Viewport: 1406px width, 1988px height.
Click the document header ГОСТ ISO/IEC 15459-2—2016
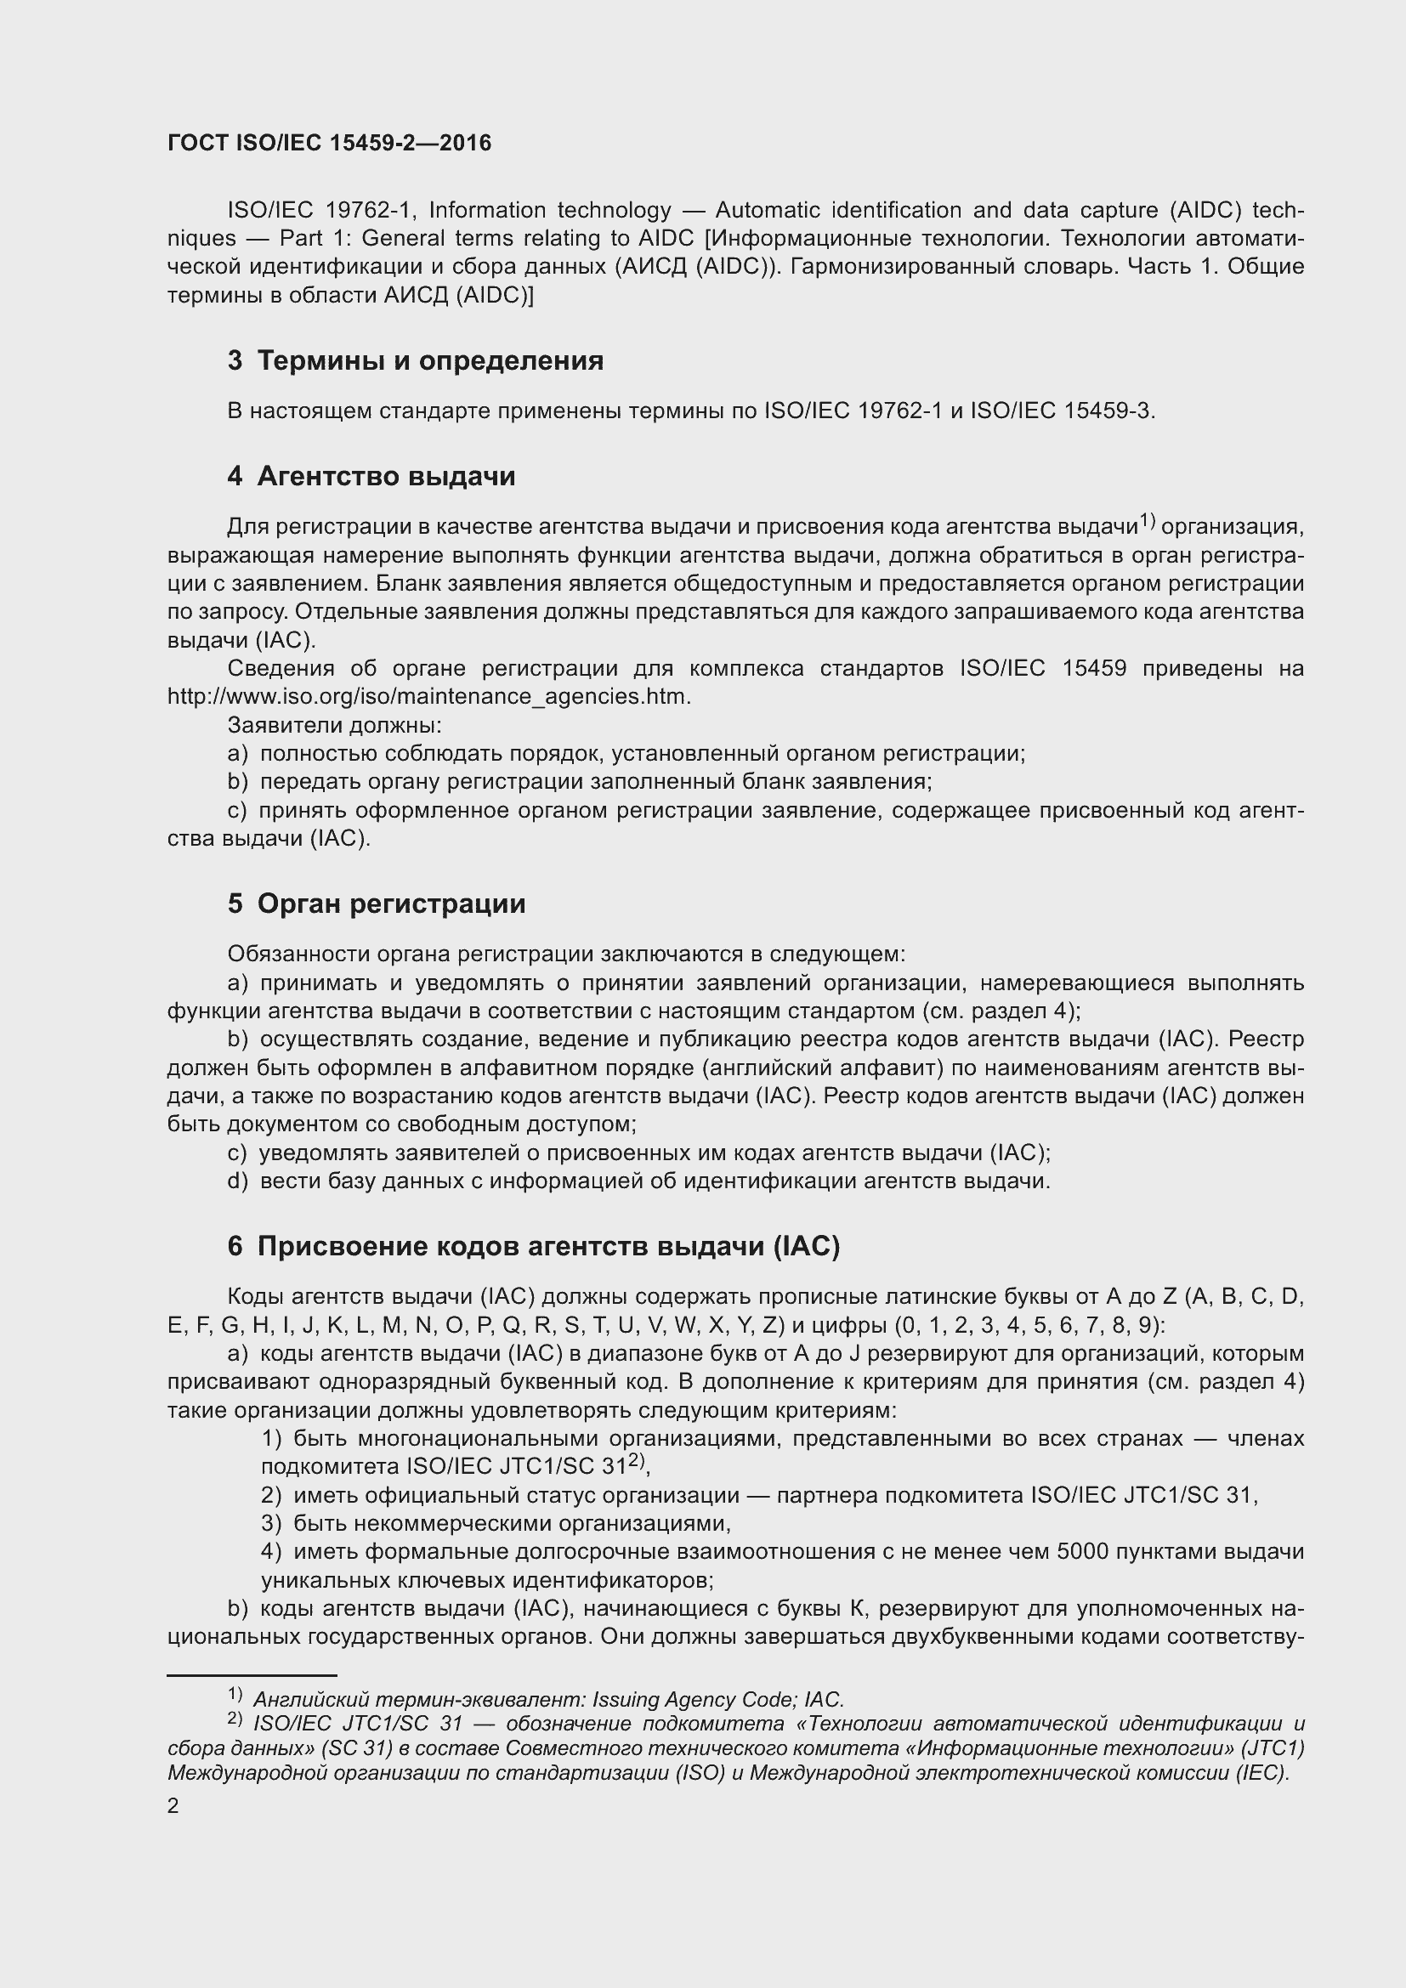pyautogui.click(x=329, y=144)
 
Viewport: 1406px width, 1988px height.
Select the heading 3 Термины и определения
pyautogui.click(x=416, y=360)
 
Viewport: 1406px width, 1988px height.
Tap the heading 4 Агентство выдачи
pyautogui.click(x=371, y=476)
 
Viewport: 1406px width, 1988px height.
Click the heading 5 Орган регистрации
pyautogui.click(x=377, y=904)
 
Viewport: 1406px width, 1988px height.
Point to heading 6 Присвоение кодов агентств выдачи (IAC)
pyautogui.click(x=533, y=1246)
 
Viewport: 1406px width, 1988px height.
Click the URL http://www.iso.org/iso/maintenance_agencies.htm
pyautogui.click(x=428, y=697)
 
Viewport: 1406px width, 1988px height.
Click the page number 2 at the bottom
pyautogui.click(x=173, y=1806)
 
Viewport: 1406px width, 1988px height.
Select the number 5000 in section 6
pyautogui.click(x=1081, y=1552)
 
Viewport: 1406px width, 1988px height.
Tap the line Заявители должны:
pyautogui.click(x=334, y=726)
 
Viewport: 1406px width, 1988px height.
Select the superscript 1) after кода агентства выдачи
pyautogui.click(x=1146, y=520)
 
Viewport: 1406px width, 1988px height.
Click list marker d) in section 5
pyautogui.click(x=237, y=1181)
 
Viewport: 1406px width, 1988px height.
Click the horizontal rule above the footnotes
pyautogui.click(x=251, y=1675)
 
